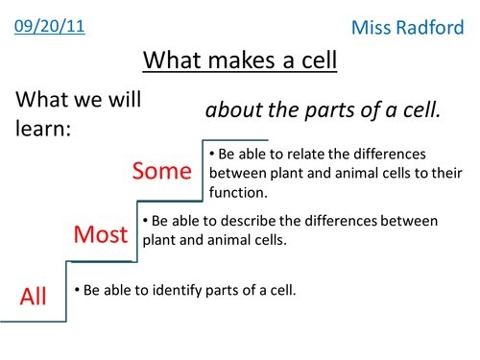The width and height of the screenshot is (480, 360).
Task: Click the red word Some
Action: point(162,171)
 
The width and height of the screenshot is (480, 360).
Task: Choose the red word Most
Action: point(102,233)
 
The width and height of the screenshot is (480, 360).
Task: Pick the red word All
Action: point(34,297)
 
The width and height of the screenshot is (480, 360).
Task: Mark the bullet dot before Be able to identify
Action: point(77,289)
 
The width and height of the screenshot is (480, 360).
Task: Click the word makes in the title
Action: point(239,60)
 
